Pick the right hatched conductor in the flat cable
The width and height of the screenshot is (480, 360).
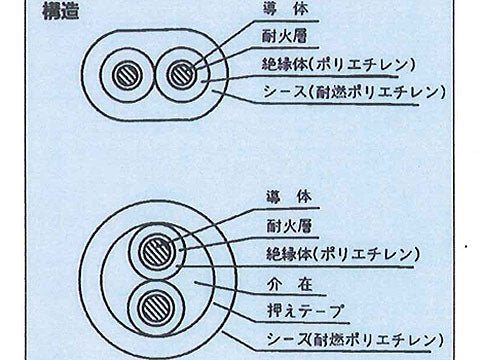[x=181, y=76]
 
